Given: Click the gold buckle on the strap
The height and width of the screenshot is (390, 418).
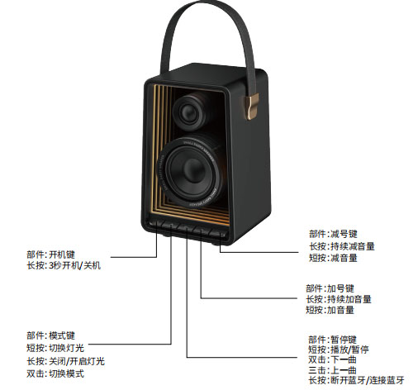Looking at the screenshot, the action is click(252, 107).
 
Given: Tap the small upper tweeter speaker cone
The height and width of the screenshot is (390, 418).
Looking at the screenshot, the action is click(189, 112).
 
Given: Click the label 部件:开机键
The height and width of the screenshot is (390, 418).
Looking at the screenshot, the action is click(50, 254).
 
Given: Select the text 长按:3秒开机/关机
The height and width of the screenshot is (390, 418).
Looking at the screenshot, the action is click(64, 265).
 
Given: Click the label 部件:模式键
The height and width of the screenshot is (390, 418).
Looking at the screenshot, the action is click(50, 335).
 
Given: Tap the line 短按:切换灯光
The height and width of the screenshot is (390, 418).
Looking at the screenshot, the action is click(55, 348).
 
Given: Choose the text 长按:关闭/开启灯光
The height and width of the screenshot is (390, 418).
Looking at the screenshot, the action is click(65, 361).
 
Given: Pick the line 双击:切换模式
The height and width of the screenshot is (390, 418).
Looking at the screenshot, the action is click(55, 373).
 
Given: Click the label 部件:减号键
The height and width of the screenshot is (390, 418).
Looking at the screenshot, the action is click(333, 234).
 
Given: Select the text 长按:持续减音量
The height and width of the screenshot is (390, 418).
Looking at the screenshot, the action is click(342, 246).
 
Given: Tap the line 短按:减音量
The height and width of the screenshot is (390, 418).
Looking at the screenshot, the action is click(333, 258).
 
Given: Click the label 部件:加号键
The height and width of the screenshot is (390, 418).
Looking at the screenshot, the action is click(330, 288).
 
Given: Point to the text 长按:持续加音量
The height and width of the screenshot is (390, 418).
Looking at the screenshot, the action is click(339, 299).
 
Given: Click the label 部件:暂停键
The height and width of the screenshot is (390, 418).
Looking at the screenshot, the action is click(332, 340).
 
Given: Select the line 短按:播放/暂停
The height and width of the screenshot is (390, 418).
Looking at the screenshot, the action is click(339, 350).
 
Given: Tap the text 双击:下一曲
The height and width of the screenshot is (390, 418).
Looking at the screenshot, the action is click(332, 359).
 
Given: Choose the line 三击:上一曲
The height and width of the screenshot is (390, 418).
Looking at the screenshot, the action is click(332, 370).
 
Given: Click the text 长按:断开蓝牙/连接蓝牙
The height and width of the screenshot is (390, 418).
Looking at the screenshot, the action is click(356, 380).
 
